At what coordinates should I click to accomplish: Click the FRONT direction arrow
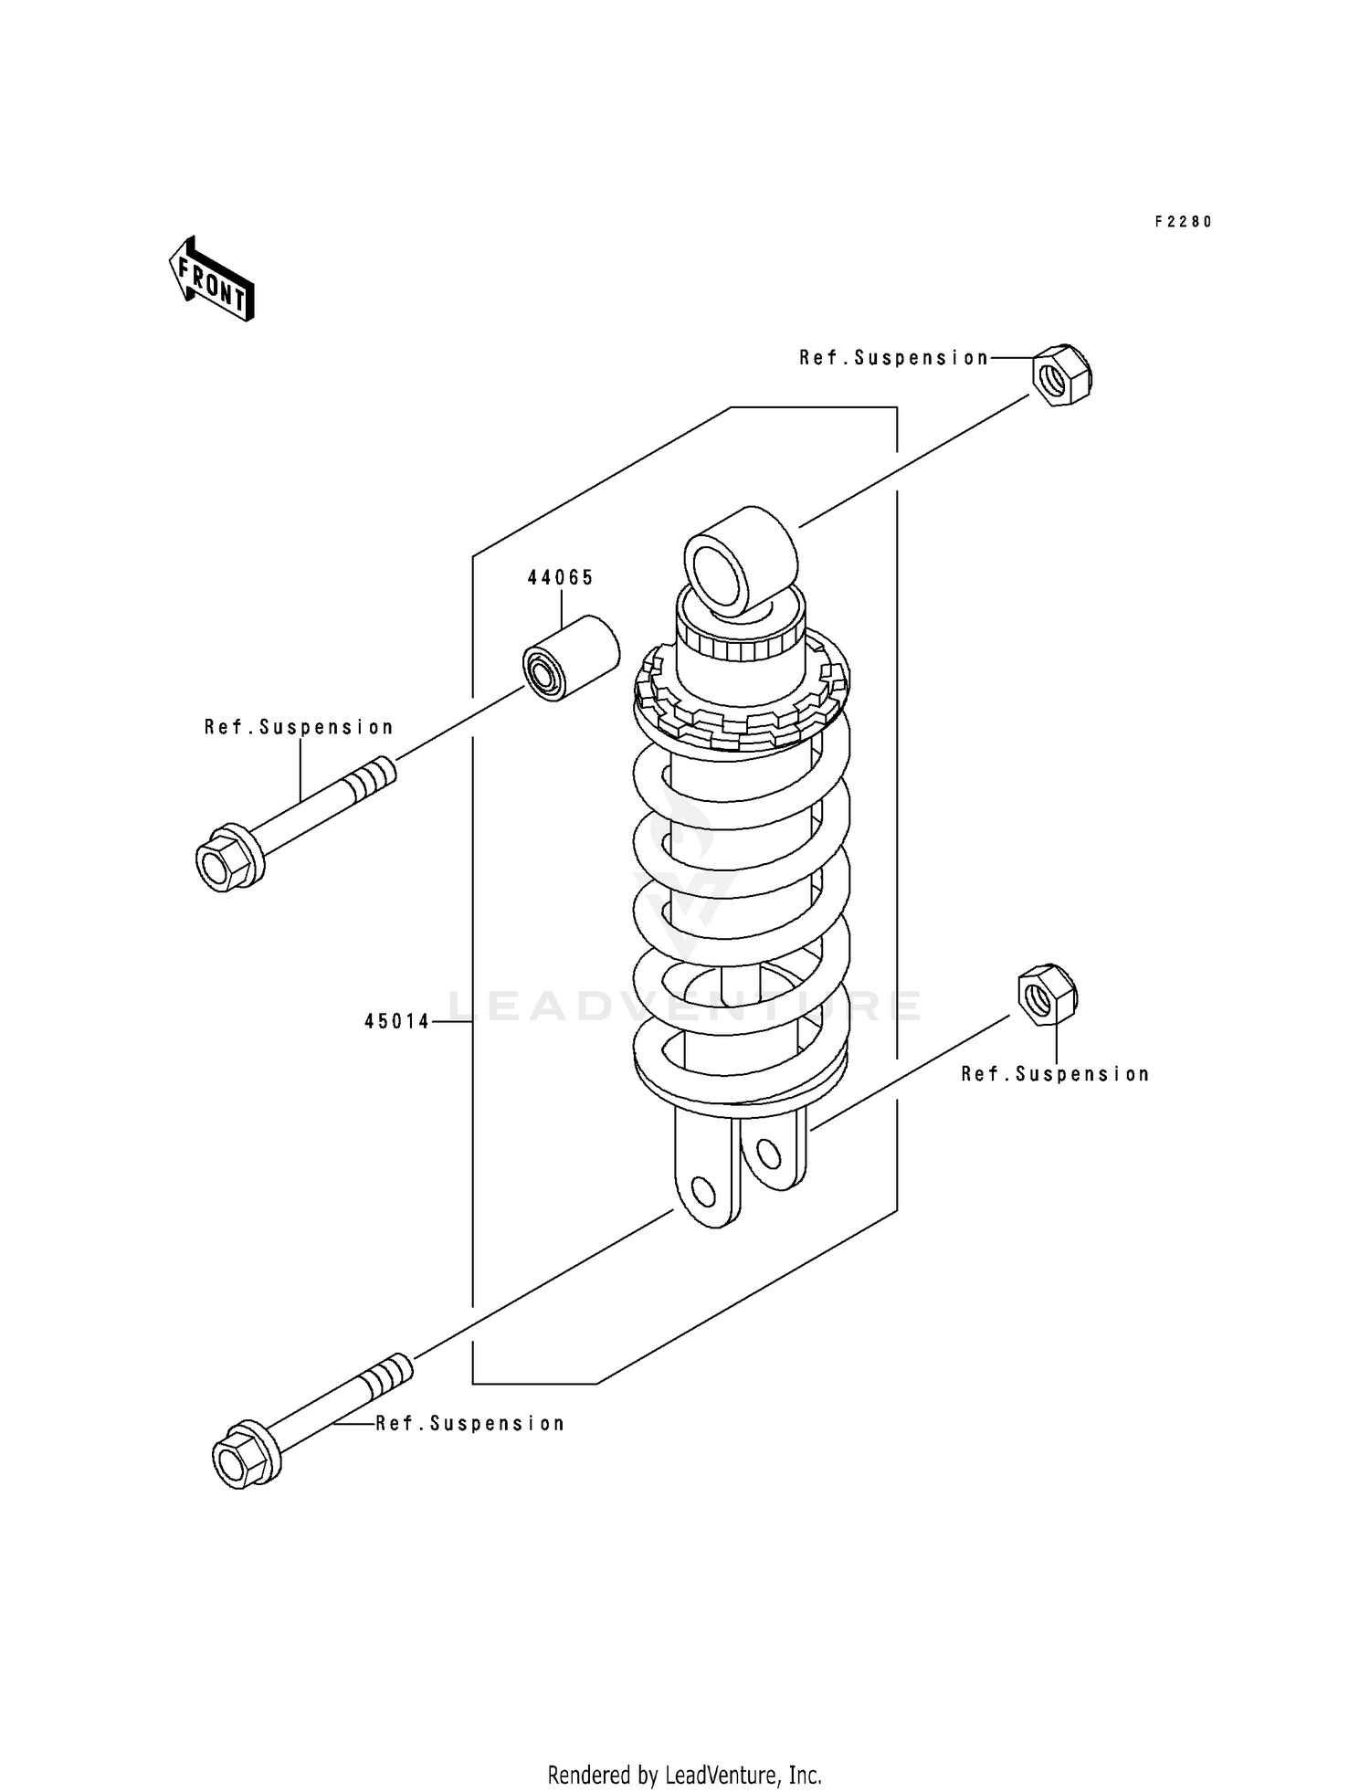tap(210, 279)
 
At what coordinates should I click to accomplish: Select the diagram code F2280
tap(1183, 222)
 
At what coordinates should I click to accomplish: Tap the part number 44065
tap(560, 577)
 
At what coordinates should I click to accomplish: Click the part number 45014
tap(396, 1022)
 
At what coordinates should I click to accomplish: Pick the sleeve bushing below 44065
tap(571, 659)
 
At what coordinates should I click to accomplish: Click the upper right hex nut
tap(1061, 375)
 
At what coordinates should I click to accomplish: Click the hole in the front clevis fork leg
tap(703, 1191)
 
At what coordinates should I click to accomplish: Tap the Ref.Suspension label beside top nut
tap(893, 358)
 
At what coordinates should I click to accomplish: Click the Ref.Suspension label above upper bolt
tap(299, 727)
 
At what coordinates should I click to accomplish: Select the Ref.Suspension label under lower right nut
tap(1055, 1074)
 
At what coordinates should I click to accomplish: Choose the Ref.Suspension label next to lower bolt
tap(470, 1423)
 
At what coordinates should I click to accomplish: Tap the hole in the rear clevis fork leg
tap(769, 1154)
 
